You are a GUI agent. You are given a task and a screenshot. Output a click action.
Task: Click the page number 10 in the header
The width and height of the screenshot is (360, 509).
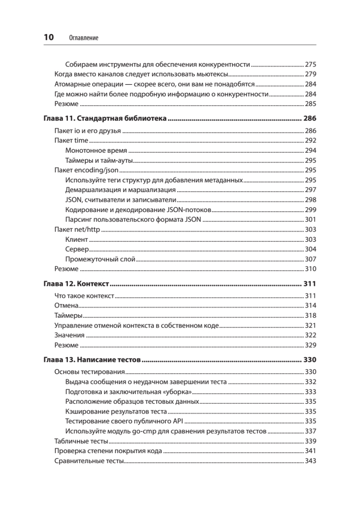coord(49,37)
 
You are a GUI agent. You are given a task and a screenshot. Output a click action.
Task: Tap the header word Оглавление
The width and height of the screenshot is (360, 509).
coord(84,38)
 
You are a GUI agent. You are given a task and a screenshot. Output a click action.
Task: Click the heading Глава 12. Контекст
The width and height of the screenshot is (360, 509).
coord(77,283)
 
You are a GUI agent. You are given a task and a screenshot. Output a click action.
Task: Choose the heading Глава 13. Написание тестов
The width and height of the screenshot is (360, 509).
coord(92,360)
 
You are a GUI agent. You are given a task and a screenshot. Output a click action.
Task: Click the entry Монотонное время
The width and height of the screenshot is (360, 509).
coord(96,151)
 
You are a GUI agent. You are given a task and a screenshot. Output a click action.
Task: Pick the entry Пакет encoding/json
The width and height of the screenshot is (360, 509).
coord(87,170)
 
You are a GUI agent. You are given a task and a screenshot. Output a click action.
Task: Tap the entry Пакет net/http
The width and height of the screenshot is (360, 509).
coord(77,229)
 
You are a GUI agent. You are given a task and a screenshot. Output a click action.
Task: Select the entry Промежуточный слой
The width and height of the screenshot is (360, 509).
coord(100,259)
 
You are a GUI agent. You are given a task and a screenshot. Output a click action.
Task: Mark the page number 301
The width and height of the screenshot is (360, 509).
coord(311,220)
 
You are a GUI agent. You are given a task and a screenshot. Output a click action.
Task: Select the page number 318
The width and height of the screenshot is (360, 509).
coord(311,316)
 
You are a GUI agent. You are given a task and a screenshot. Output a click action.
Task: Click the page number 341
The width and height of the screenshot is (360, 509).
coord(311,451)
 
